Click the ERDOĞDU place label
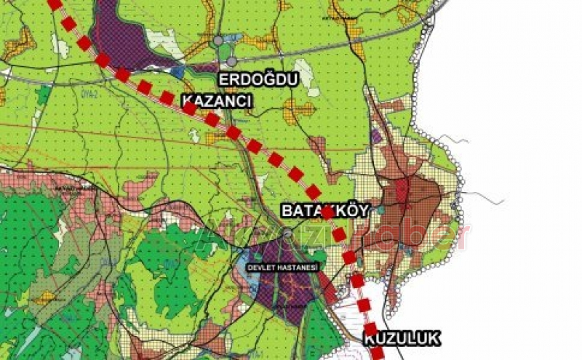pos(259,79)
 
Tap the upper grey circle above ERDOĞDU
pos(218,41)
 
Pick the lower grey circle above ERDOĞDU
pos(231,62)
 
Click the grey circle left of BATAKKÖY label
pos(288,233)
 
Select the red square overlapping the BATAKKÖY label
pos(328,212)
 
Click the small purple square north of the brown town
pos(376,135)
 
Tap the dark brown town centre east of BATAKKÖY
pos(411,196)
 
